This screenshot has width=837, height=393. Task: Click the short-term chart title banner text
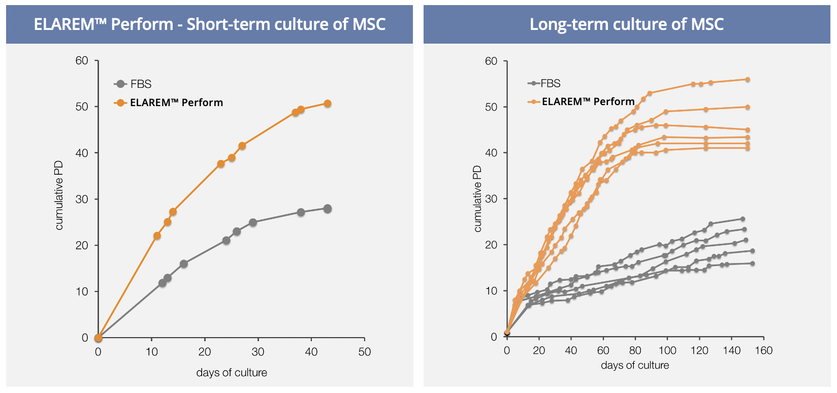point(209,24)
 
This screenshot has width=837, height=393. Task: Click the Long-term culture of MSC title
point(626,24)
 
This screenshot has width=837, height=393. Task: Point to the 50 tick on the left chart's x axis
point(365,352)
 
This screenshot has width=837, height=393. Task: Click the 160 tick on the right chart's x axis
point(763,350)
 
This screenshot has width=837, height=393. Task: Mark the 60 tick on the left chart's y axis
point(82,60)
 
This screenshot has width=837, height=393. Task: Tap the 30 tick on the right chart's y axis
point(491,199)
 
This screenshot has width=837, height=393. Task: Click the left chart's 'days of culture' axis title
point(232,373)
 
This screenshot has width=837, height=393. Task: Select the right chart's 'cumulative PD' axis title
point(477,199)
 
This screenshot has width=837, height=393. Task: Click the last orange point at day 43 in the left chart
point(328,104)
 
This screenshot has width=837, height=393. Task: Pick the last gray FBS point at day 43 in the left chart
point(328,209)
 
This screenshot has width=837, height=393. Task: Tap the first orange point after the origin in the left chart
point(157,236)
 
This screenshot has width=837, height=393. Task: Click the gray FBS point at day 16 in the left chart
point(184,264)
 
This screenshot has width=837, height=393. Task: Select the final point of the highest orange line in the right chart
point(748,79)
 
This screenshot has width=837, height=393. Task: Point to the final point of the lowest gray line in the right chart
point(752,264)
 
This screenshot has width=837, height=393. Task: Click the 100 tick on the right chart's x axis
point(667,350)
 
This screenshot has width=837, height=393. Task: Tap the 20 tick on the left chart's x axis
point(205,352)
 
